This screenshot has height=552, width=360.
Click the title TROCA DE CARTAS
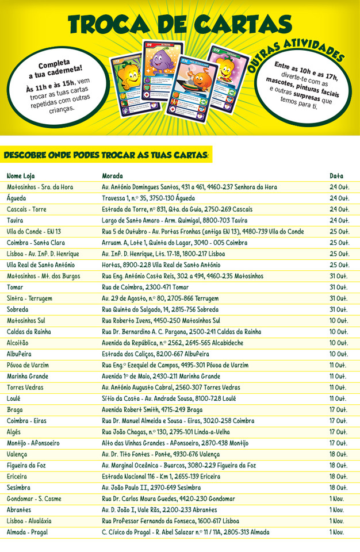pyautogui.click(x=179, y=24)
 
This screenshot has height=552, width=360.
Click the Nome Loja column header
pyautogui.click(x=21, y=175)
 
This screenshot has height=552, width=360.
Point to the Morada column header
pyautogui.click(x=112, y=175)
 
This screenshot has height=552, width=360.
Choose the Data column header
pyautogui.click(x=336, y=175)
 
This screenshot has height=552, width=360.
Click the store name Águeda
pyautogui.click(x=17, y=198)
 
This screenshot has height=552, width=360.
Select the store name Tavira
pyautogui.click(x=16, y=220)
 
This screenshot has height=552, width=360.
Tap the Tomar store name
pyautogui.click(x=16, y=287)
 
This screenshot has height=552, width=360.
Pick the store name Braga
pyautogui.click(x=15, y=410)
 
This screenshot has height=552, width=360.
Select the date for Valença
pyautogui.click(x=338, y=454)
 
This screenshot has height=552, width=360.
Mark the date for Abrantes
pyautogui.click(x=337, y=510)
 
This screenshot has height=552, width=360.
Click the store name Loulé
pyautogui.click(x=15, y=398)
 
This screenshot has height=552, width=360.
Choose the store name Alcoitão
pyautogui.click(x=18, y=343)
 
